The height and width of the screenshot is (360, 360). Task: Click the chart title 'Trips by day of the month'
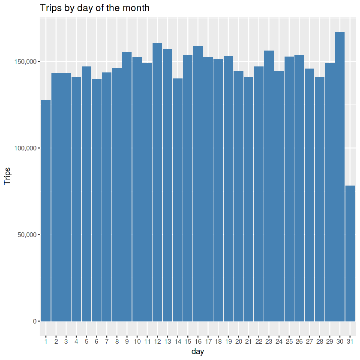95,8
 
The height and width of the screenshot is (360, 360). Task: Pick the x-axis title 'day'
198,352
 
